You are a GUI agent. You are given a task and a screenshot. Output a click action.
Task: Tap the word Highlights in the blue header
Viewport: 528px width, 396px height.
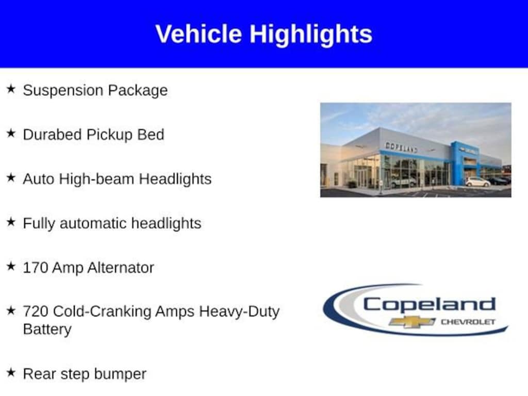[x=311, y=34]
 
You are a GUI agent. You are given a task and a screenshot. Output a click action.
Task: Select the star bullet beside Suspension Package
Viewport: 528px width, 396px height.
[x=11, y=89]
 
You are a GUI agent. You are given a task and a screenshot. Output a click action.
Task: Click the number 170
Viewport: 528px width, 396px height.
[x=36, y=268]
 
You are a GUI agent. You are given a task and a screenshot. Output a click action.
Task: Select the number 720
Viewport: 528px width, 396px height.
[x=36, y=311]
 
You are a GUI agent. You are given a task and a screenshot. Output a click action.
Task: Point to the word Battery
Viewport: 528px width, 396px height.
[x=47, y=329]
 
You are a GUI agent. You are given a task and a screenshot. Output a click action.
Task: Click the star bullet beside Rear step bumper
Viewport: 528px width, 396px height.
[x=11, y=373]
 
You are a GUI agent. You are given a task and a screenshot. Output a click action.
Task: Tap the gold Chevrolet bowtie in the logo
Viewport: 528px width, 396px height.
[x=411, y=322]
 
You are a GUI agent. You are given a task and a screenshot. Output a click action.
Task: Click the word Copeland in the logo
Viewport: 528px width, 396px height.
[x=429, y=304]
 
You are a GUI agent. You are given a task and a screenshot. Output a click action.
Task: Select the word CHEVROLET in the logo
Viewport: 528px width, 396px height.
[x=467, y=322]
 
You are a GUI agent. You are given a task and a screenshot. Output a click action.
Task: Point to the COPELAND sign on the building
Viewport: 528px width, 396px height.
[x=401, y=147]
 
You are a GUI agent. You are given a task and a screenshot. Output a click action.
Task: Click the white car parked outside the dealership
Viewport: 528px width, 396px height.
[x=477, y=181]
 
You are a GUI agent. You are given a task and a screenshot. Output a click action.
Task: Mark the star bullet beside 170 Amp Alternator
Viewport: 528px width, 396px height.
[x=11, y=267]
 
